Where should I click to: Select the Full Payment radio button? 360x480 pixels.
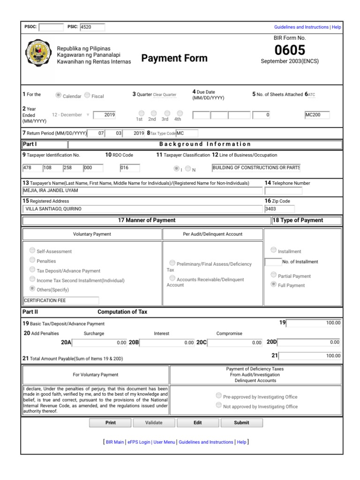click(x=274, y=285)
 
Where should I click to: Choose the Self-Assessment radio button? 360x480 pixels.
click(x=32, y=250)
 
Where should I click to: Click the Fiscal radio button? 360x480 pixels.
click(x=87, y=95)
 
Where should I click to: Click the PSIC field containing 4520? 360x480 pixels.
click(x=92, y=27)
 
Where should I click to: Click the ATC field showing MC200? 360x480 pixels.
click(x=317, y=115)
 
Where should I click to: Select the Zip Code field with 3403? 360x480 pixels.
click(x=279, y=209)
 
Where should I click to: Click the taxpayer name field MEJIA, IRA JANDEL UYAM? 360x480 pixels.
click(x=142, y=191)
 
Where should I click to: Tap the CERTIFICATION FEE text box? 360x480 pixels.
click(x=61, y=300)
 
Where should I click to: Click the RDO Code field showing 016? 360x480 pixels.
click(x=130, y=167)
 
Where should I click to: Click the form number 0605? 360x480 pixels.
click(x=289, y=50)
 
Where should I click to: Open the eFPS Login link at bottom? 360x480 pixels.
click(x=139, y=442)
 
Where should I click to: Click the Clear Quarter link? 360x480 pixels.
click(x=165, y=95)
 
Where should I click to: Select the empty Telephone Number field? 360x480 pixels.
click(x=283, y=191)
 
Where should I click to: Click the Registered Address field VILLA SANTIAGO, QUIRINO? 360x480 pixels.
click(x=142, y=209)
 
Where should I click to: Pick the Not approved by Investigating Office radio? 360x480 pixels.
click(x=218, y=405)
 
